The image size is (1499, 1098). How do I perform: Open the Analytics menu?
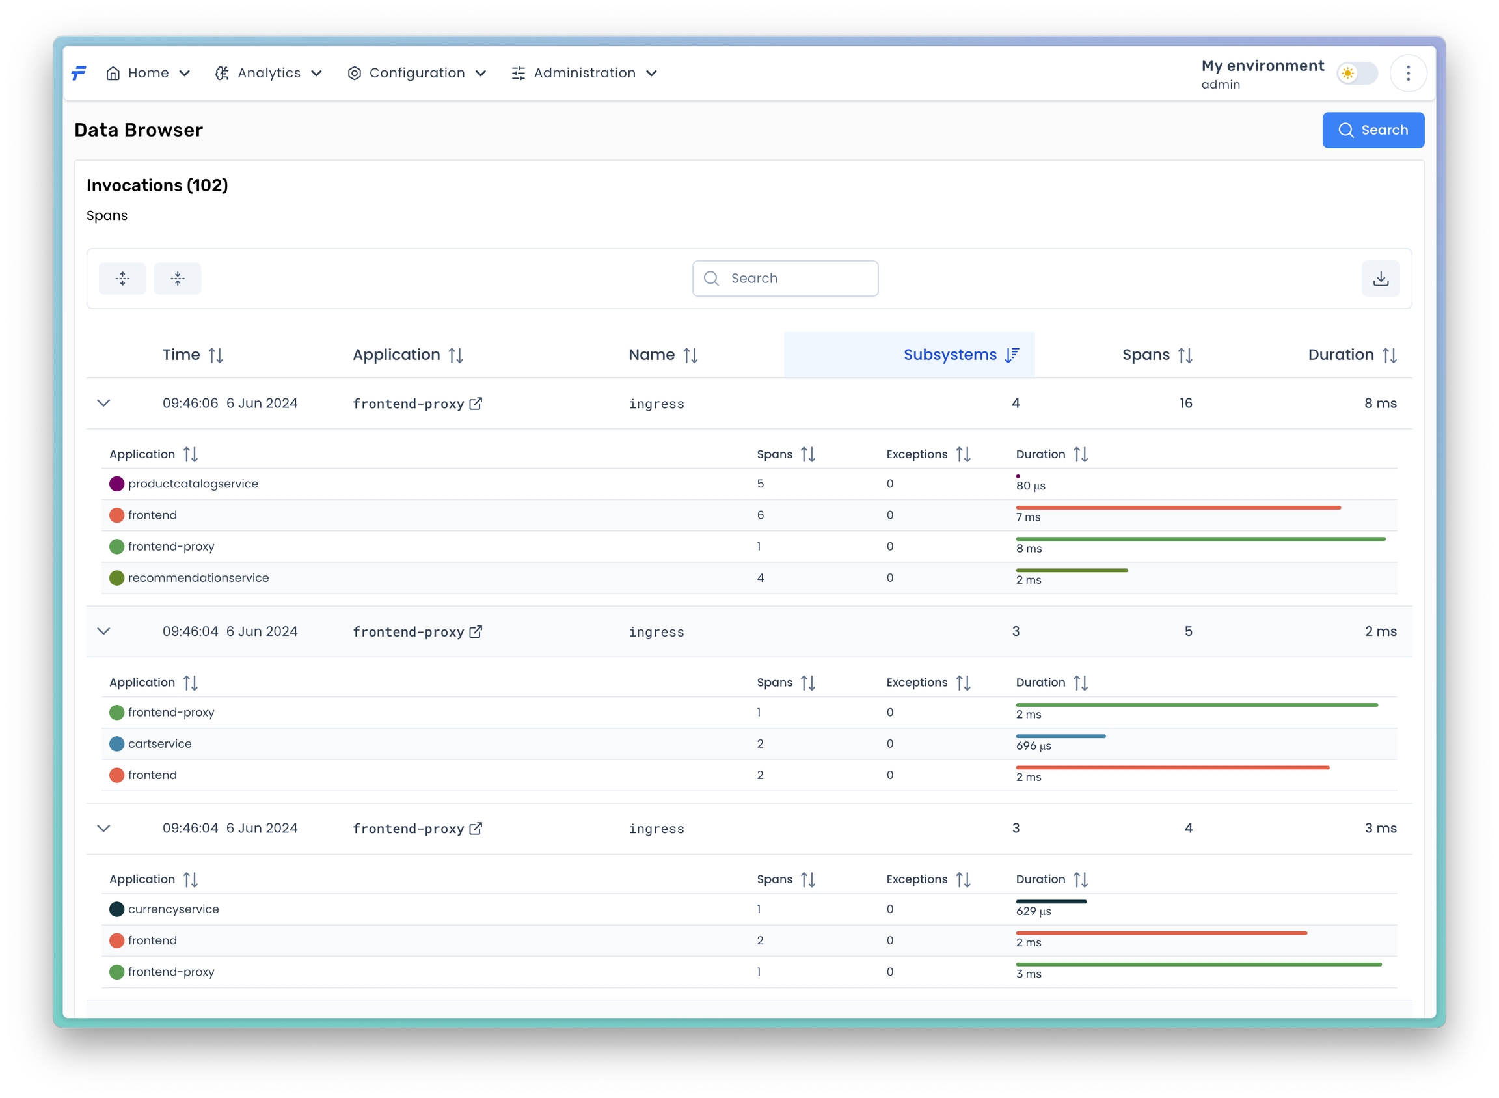coord(269,73)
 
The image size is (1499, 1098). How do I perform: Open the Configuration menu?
coord(416,73)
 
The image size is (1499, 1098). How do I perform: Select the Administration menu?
coord(584,73)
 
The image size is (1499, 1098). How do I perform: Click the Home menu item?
coord(148,73)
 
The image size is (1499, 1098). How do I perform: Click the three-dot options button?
coord(1407,73)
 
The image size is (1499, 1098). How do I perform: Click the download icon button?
coord(1380,279)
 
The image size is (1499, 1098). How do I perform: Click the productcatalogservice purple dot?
coord(117,484)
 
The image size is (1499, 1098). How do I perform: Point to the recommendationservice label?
coord(198,578)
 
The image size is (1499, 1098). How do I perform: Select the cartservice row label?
coord(159,744)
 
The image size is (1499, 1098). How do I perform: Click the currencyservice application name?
coord(174,909)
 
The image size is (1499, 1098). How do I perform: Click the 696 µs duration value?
coord(1033,747)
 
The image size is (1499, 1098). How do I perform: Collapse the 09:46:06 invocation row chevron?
coord(103,404)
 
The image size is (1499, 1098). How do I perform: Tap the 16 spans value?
coord(1185,404)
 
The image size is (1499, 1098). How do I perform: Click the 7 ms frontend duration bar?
coord(1178,508)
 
